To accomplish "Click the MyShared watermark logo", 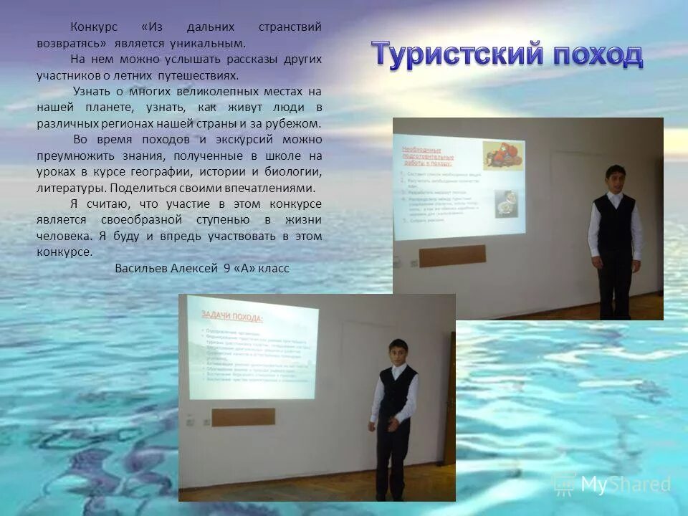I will click(612, 485).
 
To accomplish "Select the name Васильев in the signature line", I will click(141, 268).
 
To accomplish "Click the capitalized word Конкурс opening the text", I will click(94, 27).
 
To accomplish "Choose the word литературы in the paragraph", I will click(70, 188).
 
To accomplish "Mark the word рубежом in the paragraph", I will click(296, 123).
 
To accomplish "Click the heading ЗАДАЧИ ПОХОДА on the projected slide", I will click(231, 317).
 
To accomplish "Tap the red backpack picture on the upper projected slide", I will click(502, 154).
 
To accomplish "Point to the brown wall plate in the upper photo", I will click(451, 255).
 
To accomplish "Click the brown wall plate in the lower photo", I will click(243, 417).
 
